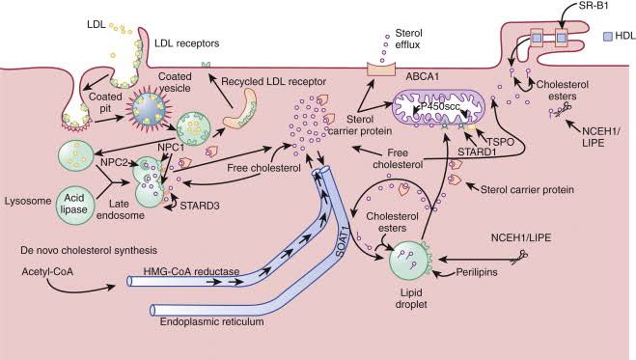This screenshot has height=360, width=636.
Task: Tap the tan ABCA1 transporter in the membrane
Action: click(x=383, y=71)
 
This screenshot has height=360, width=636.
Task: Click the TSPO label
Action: click(x=492, y=137)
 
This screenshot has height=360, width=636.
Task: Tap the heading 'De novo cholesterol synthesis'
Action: click(x=85, y=250)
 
